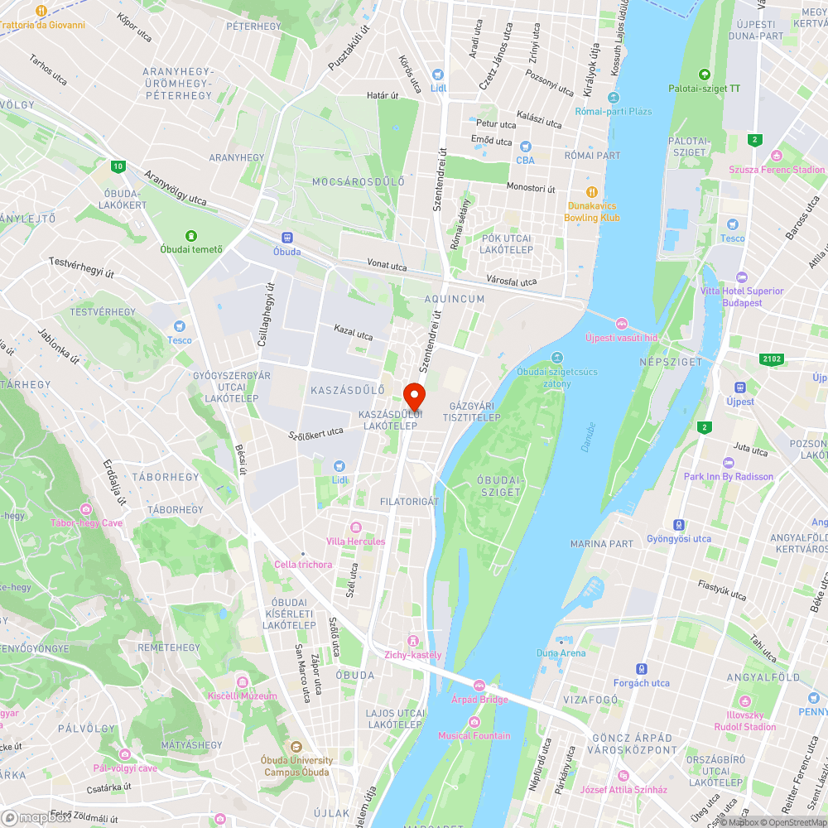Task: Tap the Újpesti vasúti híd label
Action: coord(621,337)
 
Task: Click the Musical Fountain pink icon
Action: coord(474,721)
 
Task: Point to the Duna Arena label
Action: coord(561,652)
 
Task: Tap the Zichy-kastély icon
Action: coord(413,641)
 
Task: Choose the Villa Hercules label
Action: coord(356,541)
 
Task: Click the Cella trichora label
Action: coord(303,565)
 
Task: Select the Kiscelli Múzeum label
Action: coord(243,696)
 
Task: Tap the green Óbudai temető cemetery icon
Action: coord(191,236)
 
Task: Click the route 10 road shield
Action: coord(119,166)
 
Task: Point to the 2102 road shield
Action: coord(770,359)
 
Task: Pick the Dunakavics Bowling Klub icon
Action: coord(592,192)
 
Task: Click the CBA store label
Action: coord(525,160)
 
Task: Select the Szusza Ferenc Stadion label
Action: coord(777,170)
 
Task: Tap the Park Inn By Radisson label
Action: coord(729,476)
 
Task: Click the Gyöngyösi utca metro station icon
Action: coord(679,525)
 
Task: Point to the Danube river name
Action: coord(589,437)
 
